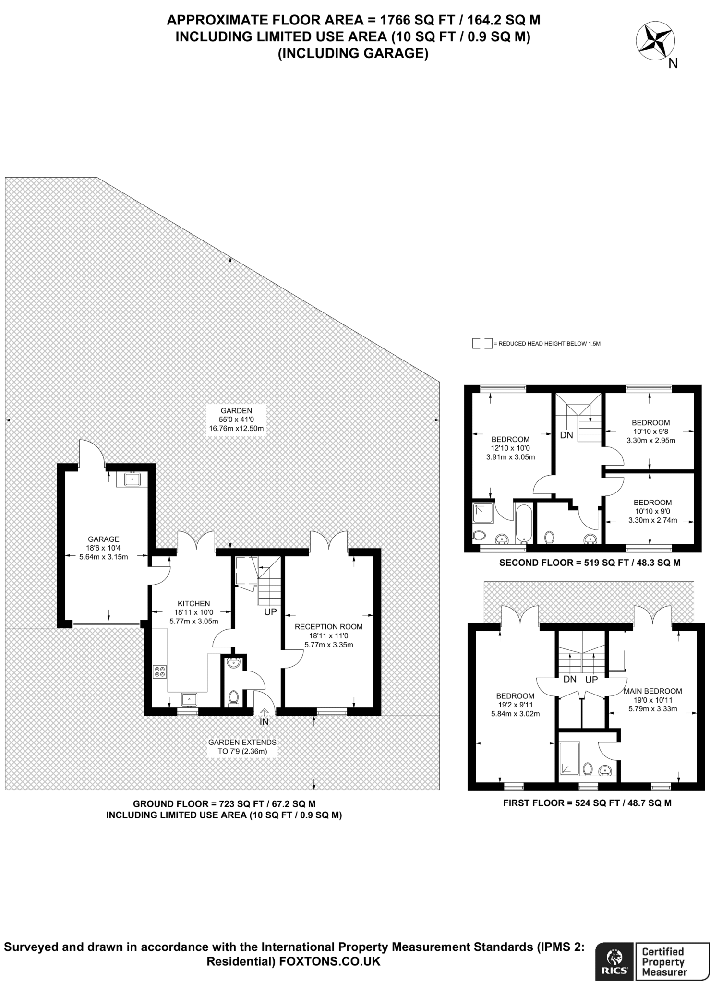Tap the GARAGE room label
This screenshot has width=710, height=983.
tap(103, 539)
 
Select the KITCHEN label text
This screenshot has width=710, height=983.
tap(194, 603)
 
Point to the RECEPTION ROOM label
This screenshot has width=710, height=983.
tap(329, 626)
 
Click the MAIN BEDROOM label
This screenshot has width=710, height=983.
tap(653, 691)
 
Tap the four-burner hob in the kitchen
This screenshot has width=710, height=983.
tap(160, 671)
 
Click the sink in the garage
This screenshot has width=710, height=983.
tap(131, 479)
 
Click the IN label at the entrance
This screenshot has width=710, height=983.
tap(264, 721)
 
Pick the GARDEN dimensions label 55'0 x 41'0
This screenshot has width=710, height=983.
tap(236, 420)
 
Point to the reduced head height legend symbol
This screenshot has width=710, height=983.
tap(482, 344)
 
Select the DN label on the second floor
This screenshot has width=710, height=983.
tap(566, 435)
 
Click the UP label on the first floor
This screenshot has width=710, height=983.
tap(591, 680)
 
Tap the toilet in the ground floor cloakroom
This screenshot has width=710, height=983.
tap(234, 698)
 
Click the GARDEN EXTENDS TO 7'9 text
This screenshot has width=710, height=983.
tap(242, 747)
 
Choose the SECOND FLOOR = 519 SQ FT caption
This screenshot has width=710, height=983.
tap(590, 563)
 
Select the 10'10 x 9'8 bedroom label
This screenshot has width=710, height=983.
tap(651, 432)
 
